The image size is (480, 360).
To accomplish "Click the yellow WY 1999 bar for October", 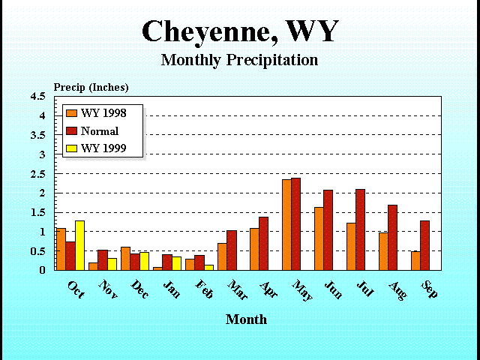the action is click(x=80, y=245).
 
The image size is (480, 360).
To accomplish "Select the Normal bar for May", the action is click(x=295, y=224).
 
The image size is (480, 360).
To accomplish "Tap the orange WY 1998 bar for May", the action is click(x=286, y=225).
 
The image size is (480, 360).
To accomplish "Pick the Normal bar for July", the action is click(x=360, y=229).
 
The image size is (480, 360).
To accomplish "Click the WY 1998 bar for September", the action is click(x=415, y=261).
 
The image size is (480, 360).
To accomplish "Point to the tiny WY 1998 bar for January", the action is click(x=157, y=268).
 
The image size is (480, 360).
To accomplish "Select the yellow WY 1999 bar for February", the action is click(x=208, y=268).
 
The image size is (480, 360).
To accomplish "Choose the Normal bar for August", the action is click(x=392, y=238).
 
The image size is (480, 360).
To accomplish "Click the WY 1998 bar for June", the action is click(x=319, y=238).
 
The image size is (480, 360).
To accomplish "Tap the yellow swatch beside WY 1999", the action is click(x=72, y=148).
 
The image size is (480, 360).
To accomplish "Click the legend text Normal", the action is click(x=100, y=131).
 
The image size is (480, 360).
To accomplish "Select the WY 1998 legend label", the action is click(x=103, y=113).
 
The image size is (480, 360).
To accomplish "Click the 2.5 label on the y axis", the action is click(x=38, y=174).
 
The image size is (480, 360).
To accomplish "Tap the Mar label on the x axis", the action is click(x=238, y=289).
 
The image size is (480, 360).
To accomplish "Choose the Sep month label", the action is click(x=430, y=289).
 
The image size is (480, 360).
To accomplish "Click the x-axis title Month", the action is click(x=246, y=319).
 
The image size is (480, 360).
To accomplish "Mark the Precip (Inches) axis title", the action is click(x=91, y=88).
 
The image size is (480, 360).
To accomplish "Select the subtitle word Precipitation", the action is click(x=272, y=60).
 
